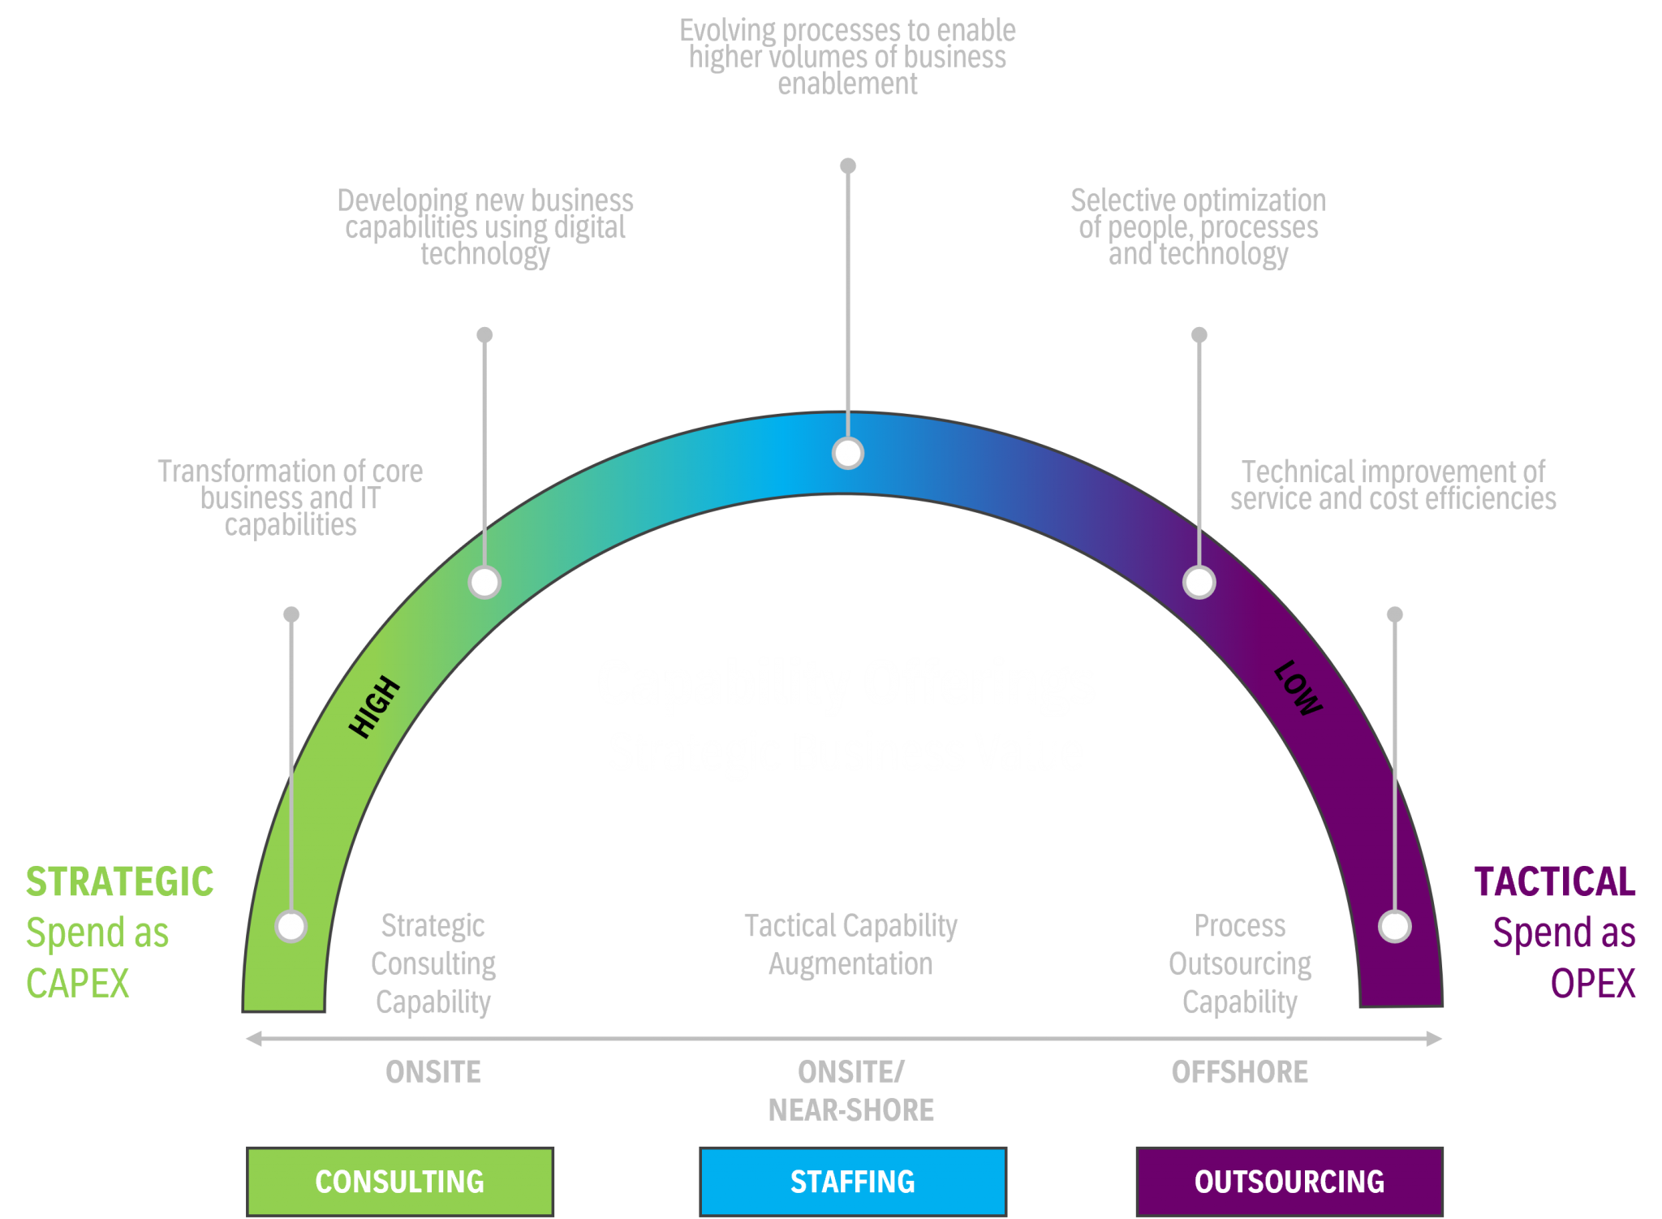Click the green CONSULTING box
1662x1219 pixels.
[400, 1181]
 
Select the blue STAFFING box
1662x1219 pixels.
[852, 1181]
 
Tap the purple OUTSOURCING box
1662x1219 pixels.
[1289, 1181]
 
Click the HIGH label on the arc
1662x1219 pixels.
[374, 707]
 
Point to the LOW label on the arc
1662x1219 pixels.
[1298, 688]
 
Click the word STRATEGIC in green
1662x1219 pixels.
[119, 882]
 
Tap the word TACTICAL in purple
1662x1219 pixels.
[1554, 882]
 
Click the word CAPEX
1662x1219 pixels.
[78, 984]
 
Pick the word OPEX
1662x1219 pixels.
[1592, 984]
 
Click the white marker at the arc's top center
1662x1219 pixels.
[848, 454]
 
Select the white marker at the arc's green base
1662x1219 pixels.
[291, 926]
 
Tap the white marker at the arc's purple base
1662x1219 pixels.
[1395, 926]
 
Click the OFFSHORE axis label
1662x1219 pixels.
[1239, 1072]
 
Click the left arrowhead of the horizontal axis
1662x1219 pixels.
[253, 1039]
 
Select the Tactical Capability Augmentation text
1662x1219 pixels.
[850, 945]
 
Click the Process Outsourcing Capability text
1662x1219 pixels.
[1239, 964]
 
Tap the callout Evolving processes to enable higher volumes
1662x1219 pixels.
[847, 57]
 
